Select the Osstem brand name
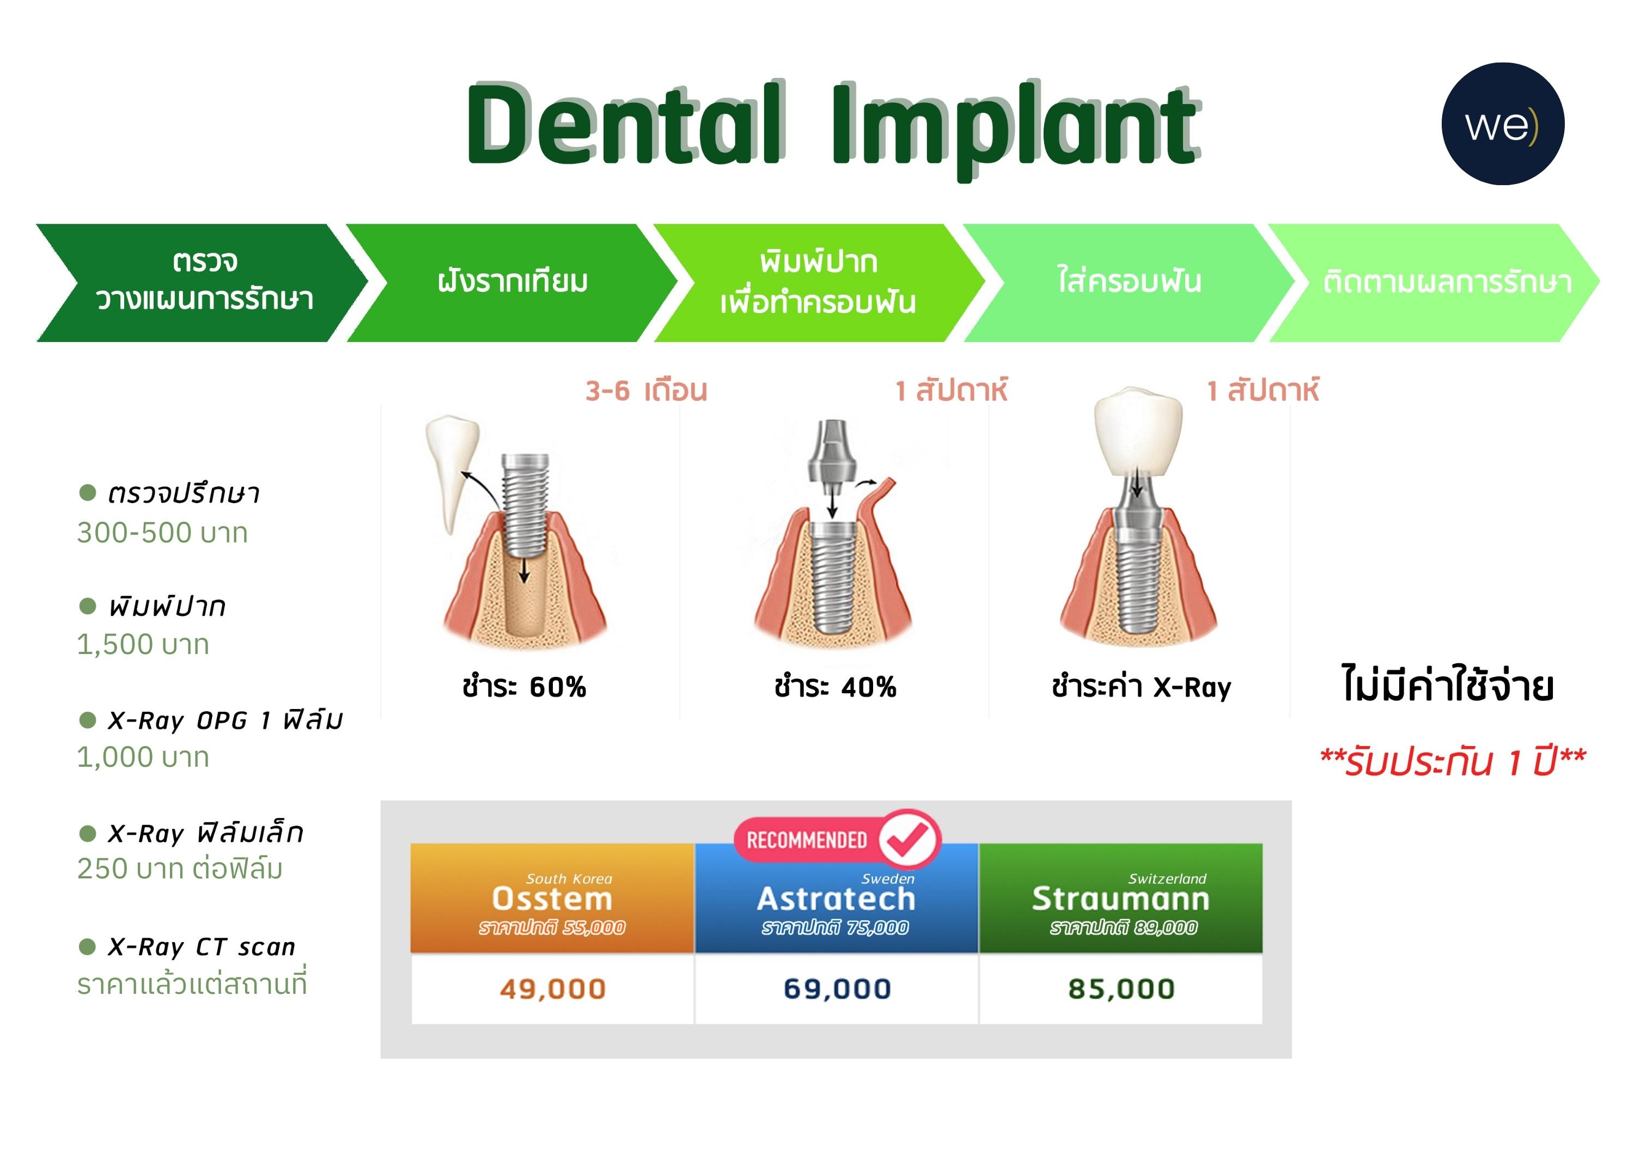pyautogui.click(x=552, y=899)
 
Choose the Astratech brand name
pyautogui.click(x=836, y=899)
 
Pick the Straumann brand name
pyautogui.click(x=1121, y=899)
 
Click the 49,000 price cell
pyautogui.click(x=552, y=988)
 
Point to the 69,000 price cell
pyautogui.click(x=837, y=988)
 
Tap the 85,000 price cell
pyautogui.click(x=1121, y=988)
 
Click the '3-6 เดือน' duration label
pyautogui.click(x=646, y=390)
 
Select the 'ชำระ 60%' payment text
pyautogui.click(x=524, y=687)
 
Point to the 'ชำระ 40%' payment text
pyautogui.click(x=835, y=687)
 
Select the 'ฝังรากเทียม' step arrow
pyautogui.click(x=513, y=283)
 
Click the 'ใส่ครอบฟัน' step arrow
pyautogui.click(x=1129, y=283)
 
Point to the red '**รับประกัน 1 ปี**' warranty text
pyautogui.click(x=1453, y=761)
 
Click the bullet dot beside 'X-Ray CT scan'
pyautogui.click(x=88, y=946)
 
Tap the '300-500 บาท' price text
pyautogui.click(x=162, y=533)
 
